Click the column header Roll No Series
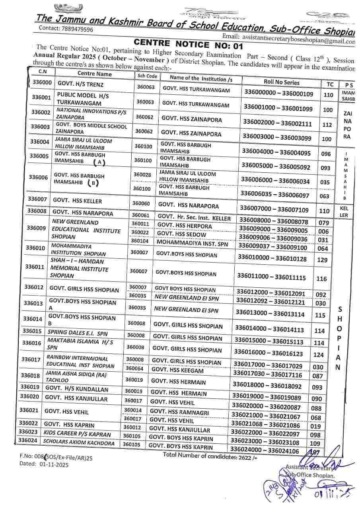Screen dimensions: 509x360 (281, 82)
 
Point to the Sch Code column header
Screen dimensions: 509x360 (147, 76)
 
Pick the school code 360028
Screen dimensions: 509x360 (142, 175)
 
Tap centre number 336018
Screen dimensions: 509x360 (30, 375)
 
